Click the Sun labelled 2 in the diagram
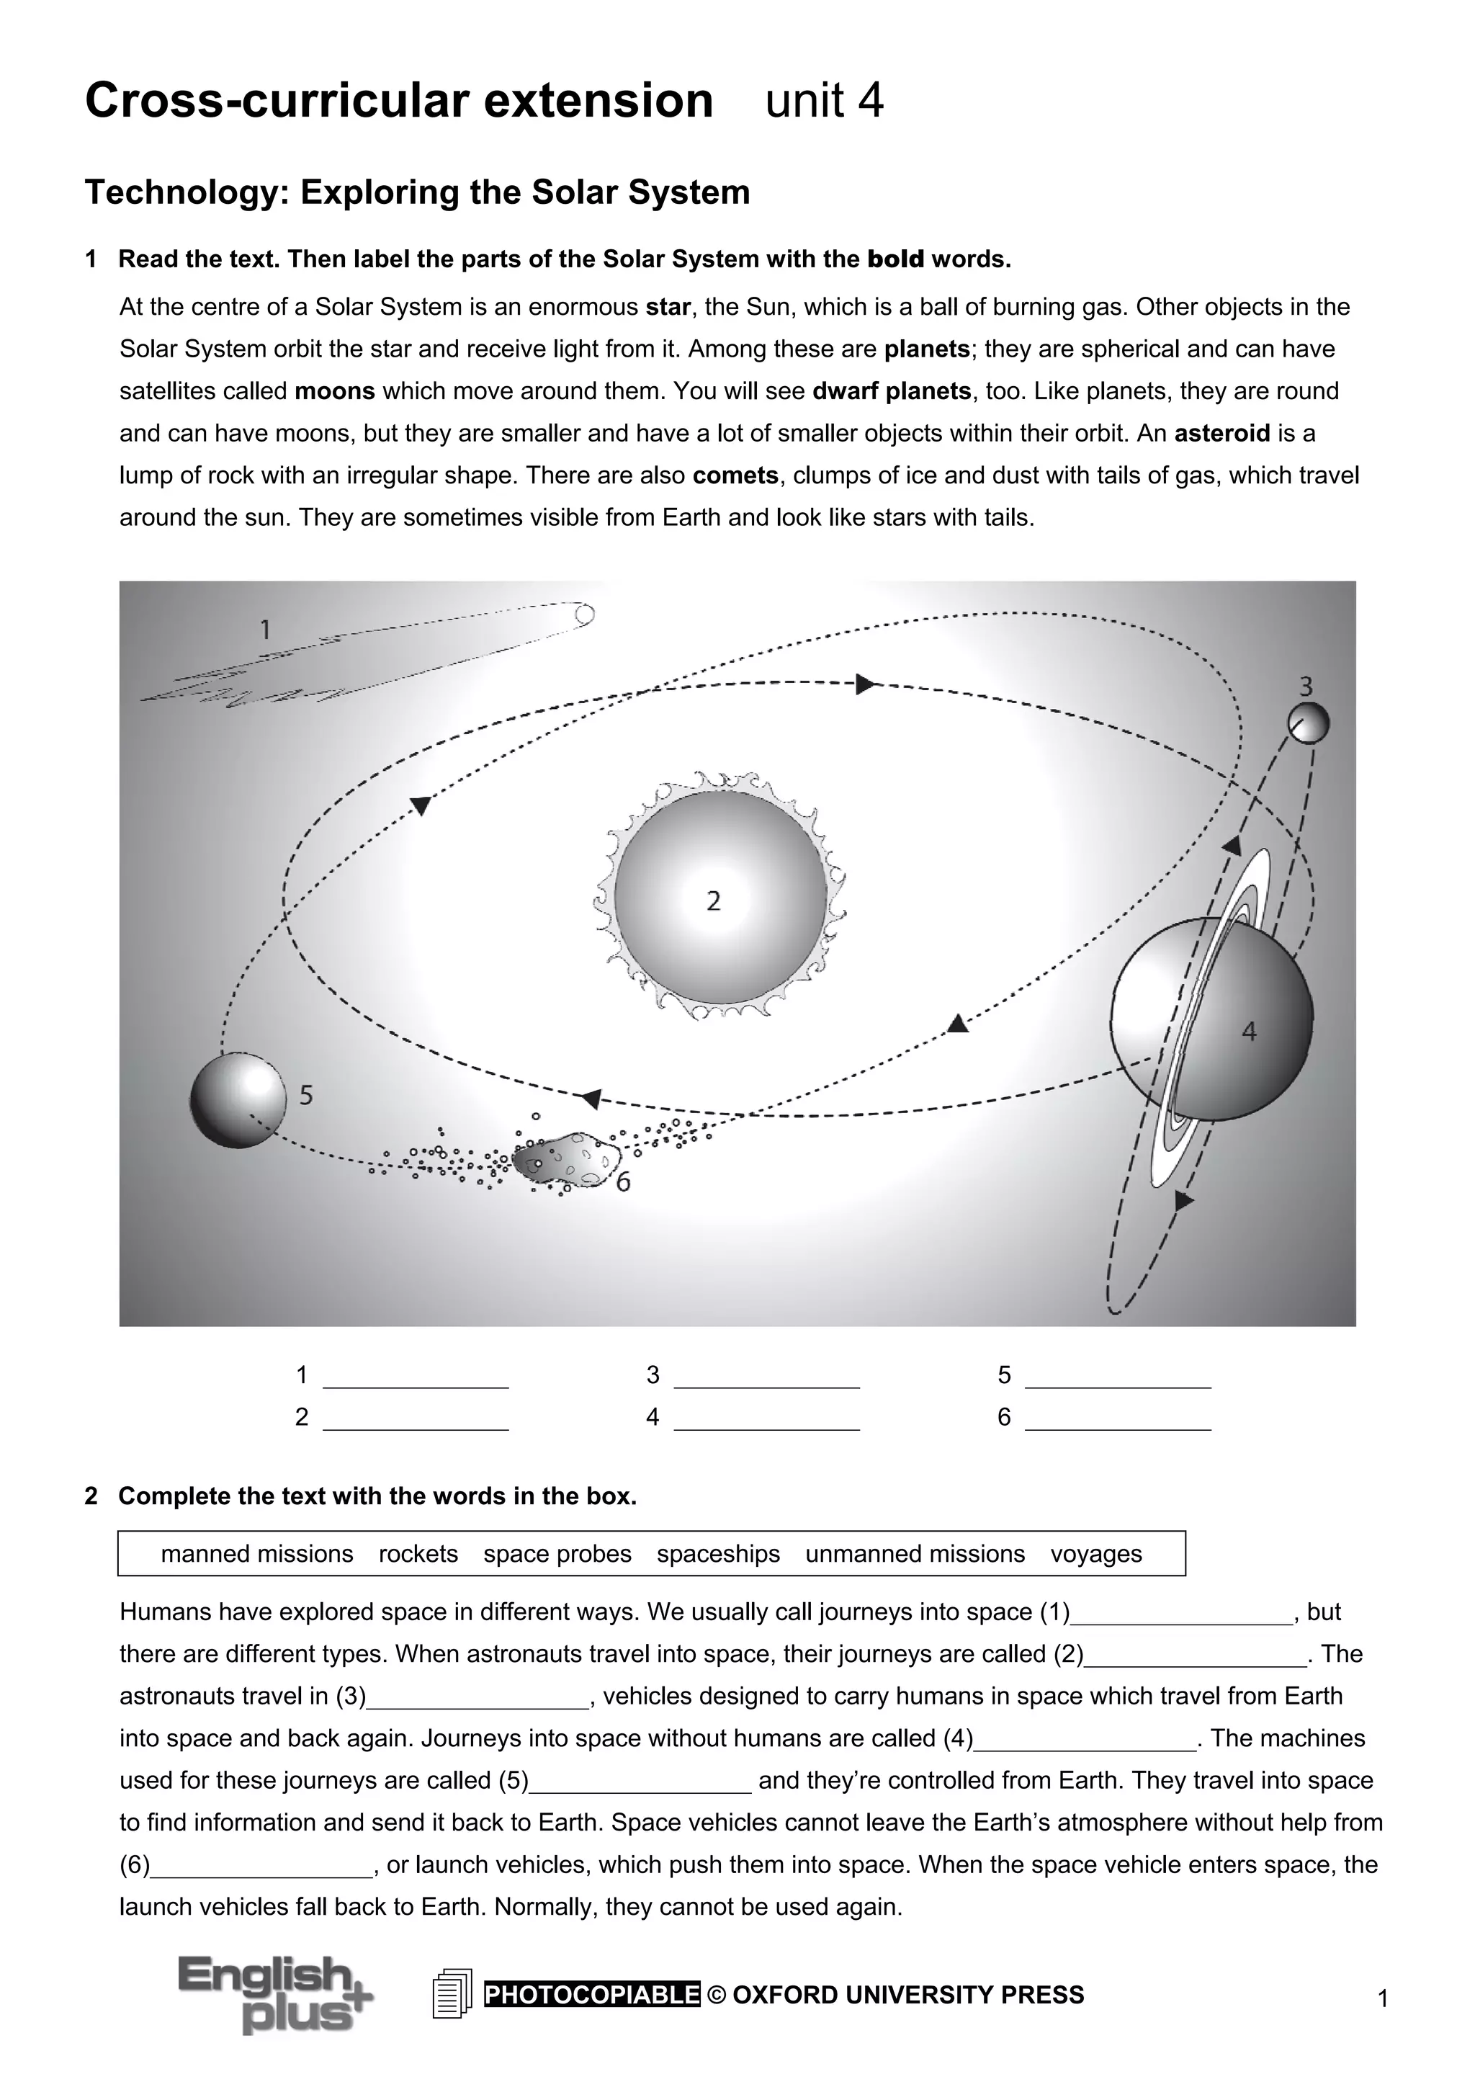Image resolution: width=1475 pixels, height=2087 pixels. [x=719, y=896]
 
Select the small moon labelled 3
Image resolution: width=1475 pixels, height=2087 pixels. [x=1308, y=723]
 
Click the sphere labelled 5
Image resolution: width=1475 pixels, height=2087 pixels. [x=236, y=1100]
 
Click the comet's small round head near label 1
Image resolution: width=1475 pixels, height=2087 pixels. [x=584, y=615]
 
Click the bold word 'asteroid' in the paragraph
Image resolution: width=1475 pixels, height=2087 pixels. [x=1221, y=434]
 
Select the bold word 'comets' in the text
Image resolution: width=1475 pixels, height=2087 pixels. [x=735, y=475]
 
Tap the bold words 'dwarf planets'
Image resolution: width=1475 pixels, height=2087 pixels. [x=891, y=391]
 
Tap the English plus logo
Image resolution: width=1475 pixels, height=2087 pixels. [x=274, y=1994]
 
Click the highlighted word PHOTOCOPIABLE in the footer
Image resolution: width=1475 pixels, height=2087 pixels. [x=591, y=1994]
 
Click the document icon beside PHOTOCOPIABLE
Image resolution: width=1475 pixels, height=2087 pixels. [x=452, y=1993]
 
